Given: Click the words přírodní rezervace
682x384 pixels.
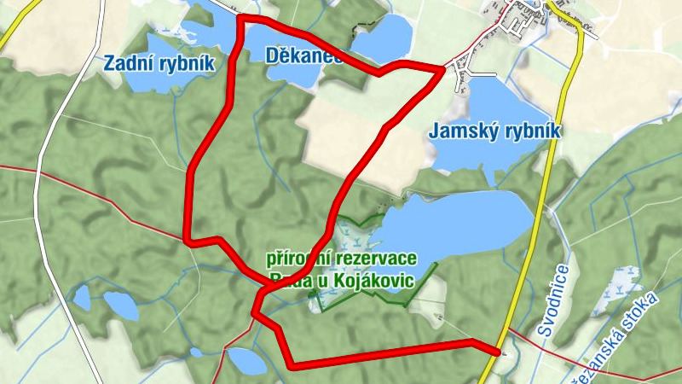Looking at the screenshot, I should (x=341, y=258).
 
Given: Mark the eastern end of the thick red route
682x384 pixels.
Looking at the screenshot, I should (x=500, y=350).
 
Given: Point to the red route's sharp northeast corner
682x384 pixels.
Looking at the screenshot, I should (x=442, y=68).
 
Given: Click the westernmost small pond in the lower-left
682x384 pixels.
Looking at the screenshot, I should (x=82, y=297).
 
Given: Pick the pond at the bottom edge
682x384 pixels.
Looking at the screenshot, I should (x=246, y=362).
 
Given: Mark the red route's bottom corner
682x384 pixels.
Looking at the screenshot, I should (x=292, y=365).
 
